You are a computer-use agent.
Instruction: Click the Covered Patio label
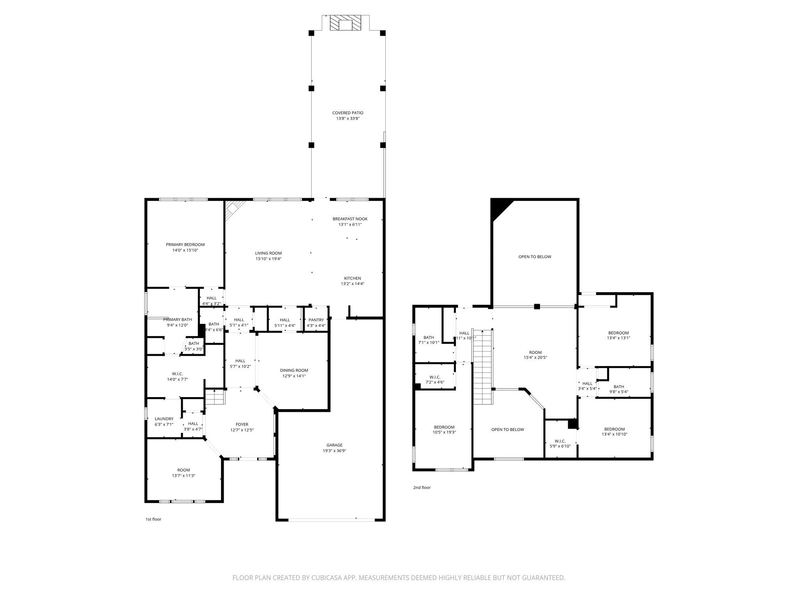coord(348,113)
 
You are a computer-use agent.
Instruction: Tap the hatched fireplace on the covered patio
coord(345,23)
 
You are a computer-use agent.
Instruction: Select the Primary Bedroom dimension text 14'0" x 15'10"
coord(185,250)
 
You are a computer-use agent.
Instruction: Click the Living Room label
coord(268,253)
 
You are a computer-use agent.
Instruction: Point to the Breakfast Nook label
coord(350,219)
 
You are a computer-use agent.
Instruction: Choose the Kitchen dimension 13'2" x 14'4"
coord(352,284)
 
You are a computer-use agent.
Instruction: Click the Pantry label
coord(316,320)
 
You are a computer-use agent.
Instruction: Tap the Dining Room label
coord(294,370)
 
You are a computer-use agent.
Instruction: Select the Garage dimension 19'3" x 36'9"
coord(334,451)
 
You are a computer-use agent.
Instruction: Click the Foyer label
coord(242,424)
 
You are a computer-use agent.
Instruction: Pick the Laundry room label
coord(164,419)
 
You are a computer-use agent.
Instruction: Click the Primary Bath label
coord(177,320)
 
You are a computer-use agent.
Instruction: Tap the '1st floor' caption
coord(153,519)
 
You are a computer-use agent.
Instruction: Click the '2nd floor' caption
coord(422,487)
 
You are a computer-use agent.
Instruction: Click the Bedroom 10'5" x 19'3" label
coord(444,427)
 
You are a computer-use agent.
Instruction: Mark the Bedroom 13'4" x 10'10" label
coord(614,429)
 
